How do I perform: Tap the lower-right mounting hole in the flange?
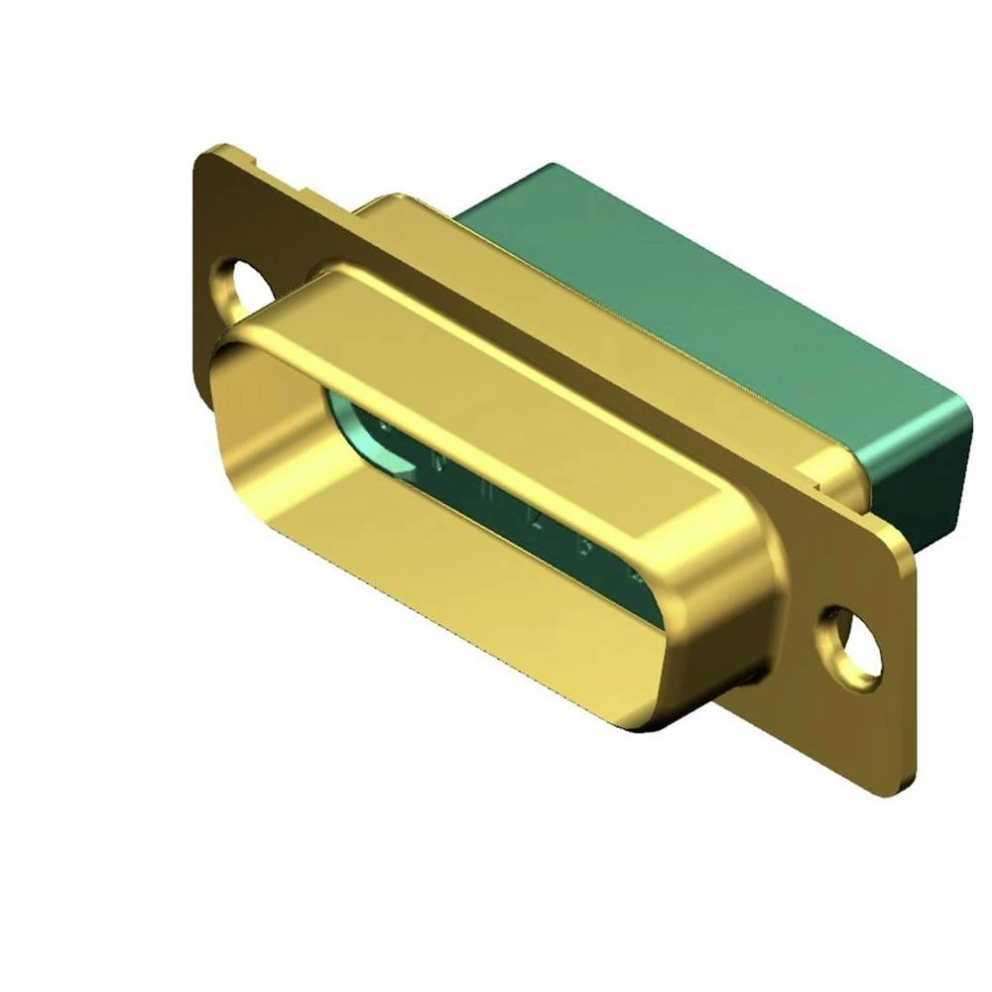click(852, 648)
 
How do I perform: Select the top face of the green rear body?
click(694, 288)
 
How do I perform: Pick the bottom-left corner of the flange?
click(203, 397)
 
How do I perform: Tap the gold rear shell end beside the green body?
click(843, 476)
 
